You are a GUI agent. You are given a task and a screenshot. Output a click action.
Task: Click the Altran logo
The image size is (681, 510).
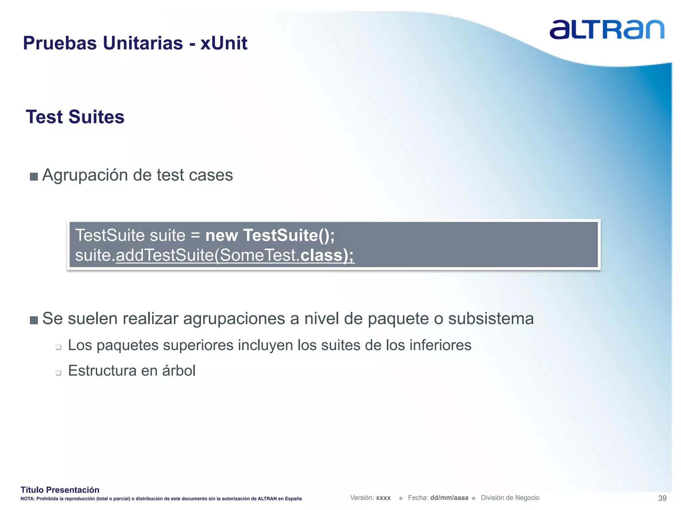(x=607, y=30)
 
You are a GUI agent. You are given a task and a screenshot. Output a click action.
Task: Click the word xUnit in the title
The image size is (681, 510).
(x=223, y=43)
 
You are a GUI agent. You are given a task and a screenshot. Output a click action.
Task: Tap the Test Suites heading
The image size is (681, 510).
(x=75, y=117)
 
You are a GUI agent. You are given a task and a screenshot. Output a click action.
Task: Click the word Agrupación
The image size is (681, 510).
(x=85, y=175)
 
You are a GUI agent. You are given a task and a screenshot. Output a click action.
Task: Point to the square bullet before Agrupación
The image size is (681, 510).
(x=34, y=176)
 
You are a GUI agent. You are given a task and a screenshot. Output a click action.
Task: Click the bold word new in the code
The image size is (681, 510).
(x=221, y=235)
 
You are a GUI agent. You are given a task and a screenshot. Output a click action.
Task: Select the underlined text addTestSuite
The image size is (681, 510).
(x=165, y=255)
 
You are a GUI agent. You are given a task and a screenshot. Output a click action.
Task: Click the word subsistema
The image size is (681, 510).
(x=491, y=318)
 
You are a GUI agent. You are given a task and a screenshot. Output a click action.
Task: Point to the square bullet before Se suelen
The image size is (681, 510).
(x=34, y=320)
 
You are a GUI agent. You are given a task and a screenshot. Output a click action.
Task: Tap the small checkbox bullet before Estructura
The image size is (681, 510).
(x=59, y=373)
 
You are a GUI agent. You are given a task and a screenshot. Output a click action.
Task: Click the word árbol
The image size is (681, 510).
(x=179, y=371)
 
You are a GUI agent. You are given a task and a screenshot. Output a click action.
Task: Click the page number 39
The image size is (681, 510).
(x=662, y=498)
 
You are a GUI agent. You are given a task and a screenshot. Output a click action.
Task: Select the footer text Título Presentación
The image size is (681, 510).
(x=60, y=490)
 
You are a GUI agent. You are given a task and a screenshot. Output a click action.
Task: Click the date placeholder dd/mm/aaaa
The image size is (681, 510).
(x=449, y=498)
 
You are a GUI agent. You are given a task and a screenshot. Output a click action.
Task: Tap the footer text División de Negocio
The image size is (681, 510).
(x=510, y=498)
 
